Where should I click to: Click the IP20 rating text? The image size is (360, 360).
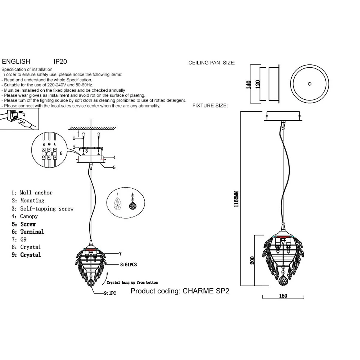point(60,62)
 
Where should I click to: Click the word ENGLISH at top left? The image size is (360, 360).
point(16,62)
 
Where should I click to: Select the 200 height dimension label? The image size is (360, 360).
point(253,260)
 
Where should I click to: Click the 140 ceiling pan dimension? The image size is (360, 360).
point(248,84)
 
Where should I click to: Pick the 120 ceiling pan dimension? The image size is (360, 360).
point(257,84)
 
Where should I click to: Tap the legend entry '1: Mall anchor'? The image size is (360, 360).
point(32,193)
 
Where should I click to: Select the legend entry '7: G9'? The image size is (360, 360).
point(19,239)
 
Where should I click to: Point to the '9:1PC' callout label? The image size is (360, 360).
point(110,293)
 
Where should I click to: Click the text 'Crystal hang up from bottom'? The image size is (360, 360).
point(132,283)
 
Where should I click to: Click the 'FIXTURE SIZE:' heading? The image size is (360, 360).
point(210,106)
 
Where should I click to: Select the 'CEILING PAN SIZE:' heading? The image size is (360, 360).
point(212,63)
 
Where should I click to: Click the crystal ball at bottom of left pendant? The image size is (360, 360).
point(93,284)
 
